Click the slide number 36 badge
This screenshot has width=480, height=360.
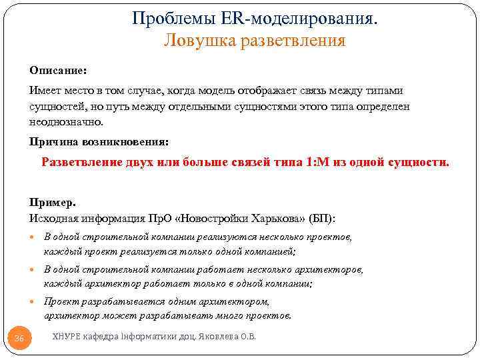point(19,339)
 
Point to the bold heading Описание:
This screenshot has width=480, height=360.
point(57,70)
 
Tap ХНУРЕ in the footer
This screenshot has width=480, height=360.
point(67,337)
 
